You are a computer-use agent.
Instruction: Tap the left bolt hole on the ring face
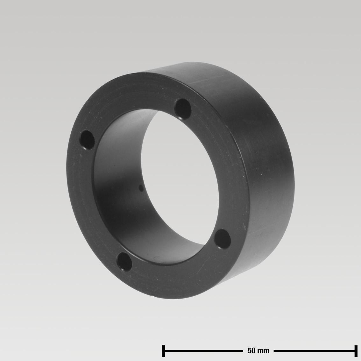(87, 140)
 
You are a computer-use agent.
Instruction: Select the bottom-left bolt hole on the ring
(124, 262)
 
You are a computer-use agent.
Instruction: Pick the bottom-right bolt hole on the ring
(223, 239)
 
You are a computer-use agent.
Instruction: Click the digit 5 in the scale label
(250, 350)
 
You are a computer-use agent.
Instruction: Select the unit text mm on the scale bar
(263, 351)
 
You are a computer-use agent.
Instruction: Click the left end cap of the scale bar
(163, 351)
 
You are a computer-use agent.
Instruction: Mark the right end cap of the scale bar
(356, 351)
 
